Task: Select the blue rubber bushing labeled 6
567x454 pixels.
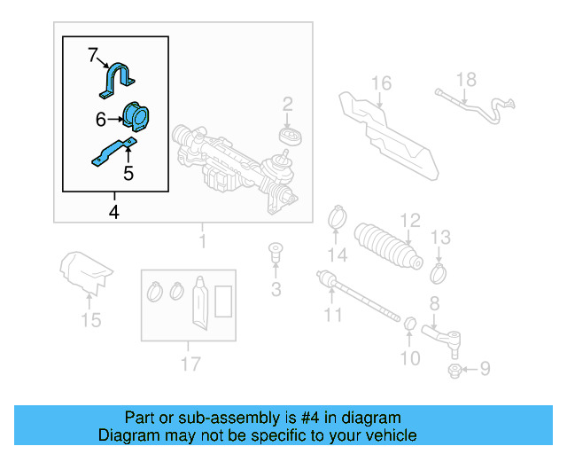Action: [136, 117]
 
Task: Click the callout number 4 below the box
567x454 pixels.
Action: [113, 212]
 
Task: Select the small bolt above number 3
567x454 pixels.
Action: [276, 252]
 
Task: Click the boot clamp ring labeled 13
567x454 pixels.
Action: [439, 267]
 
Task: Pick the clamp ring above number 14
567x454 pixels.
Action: [337, 215]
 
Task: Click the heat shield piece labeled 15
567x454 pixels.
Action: [86, 270]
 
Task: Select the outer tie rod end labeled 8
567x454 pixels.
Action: [443, 335]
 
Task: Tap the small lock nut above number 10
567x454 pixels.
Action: [410, 320]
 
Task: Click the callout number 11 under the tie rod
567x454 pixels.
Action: [332, 315]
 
